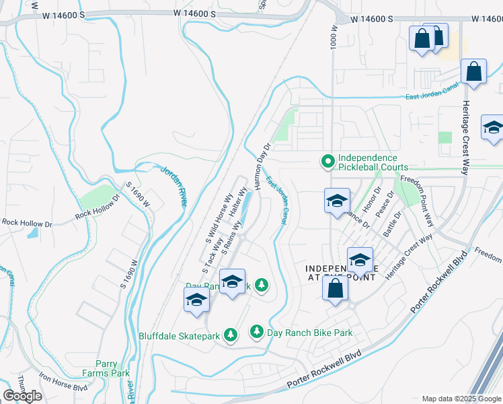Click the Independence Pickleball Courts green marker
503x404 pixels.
[327, 161]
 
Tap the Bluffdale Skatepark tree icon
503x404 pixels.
[231, 335]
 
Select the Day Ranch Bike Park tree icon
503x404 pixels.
[256, 332]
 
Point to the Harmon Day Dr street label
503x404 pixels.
[262, 164]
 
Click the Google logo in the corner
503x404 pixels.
[22, 396]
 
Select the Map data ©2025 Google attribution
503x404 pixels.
[461, 399]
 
